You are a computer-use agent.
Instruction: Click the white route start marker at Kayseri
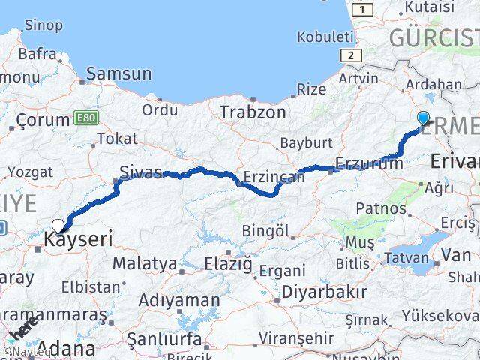click(x=58, y=225)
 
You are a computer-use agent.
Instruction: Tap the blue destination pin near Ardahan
click(x=423, y=118)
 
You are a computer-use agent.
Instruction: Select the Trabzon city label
click(x=253, y=112)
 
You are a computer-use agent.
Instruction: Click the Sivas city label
click(x=141, y=172)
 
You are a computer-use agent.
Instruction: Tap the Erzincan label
click(x=274, y=178)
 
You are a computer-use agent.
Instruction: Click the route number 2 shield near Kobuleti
click(x=349, y=55)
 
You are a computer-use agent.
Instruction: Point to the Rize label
click(x=311, y=88)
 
